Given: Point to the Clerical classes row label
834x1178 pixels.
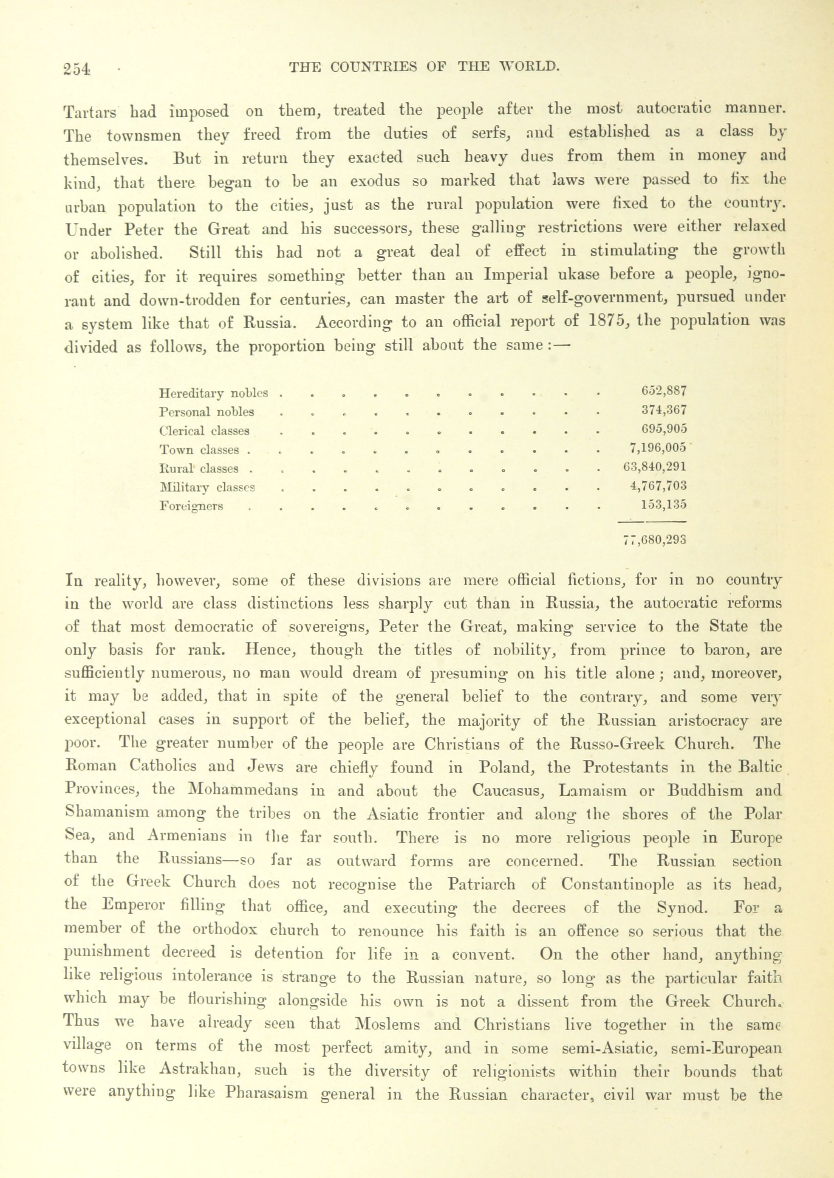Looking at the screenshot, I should [x=204, y=431].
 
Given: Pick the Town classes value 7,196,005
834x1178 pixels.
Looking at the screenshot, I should [x=658, y=448].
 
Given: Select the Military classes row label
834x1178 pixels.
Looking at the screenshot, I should [x=208, y=487].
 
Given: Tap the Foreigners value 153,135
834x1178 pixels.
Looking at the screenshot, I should [x=664, y=504].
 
